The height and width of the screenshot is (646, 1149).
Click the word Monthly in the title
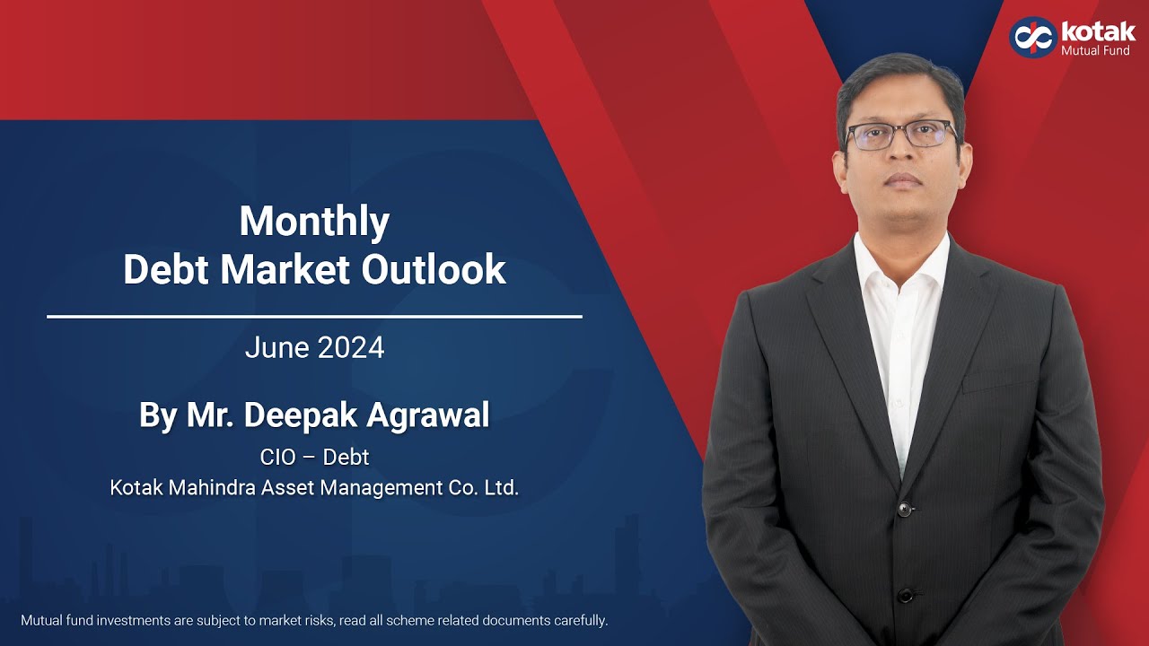pos(314,222)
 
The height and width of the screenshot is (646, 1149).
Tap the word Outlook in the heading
pos(434,269)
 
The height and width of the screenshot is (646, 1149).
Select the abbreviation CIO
pos(277,457)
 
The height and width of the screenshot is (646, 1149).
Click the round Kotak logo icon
pos(1032,38)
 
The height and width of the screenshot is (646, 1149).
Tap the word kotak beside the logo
pos(1098,31)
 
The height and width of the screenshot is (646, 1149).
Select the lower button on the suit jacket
pos(906,594)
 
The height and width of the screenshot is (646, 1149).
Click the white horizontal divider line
pos(314,317)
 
